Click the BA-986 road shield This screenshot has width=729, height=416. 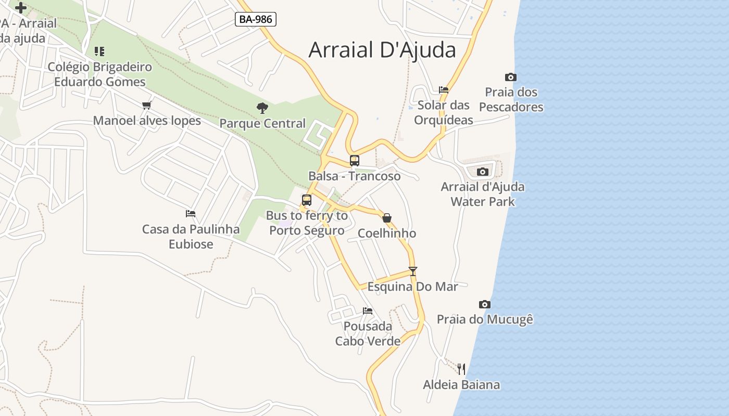click(255, 20)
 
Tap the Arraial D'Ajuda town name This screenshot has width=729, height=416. click(382, 50)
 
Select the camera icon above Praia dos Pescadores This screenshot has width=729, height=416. click(511, 77)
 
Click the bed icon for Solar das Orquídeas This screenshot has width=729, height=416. click(444, 89)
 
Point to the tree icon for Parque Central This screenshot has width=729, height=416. click(262, 108)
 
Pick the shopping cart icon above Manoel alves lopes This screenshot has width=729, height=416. click(147, 105)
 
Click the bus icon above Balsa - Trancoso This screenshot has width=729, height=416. click(355, 161)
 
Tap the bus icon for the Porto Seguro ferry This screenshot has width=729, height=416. click(307, 200)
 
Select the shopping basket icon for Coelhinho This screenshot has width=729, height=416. click(387, 218)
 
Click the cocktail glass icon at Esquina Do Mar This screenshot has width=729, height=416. click(413, 271)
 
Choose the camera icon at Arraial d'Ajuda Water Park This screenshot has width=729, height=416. click(483, 172)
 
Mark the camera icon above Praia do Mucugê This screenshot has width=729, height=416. click(485, 304)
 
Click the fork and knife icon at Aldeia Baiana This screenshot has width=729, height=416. click(461, 369)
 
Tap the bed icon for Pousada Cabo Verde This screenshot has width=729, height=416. click(368, 311)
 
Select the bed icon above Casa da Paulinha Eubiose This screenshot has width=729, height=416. click(191, 214)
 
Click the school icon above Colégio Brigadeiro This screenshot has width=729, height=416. click(99, 51)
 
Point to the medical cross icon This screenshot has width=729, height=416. click(21, 8)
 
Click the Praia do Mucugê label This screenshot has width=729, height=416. click(485, 319)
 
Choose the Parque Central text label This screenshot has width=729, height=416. click(262, 124)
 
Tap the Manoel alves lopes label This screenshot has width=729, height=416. click(147, 121)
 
